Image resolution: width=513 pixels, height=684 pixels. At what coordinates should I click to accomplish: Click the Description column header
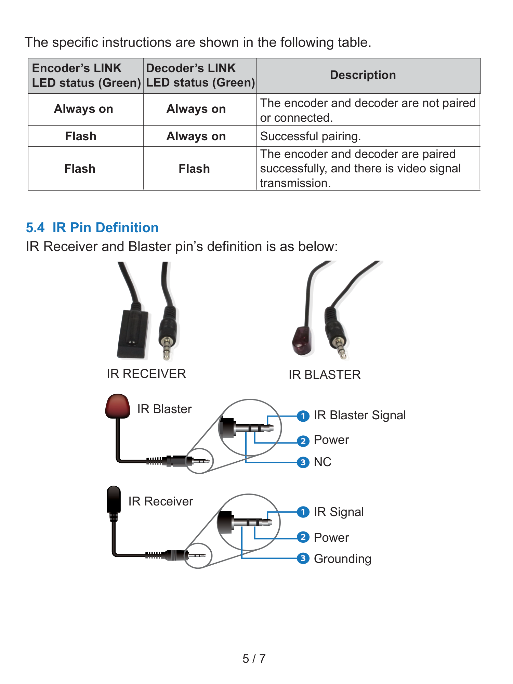click(x=363, y=75)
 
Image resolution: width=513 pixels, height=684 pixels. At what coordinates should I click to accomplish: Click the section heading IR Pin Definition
click(x=105, y=227)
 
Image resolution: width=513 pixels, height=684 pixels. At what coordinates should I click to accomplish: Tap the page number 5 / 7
click(x=254, y=658)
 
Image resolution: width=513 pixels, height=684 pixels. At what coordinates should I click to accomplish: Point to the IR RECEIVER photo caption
click(x=146, y=374)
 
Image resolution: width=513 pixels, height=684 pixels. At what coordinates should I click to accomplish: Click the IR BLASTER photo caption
click(x=325, y=375)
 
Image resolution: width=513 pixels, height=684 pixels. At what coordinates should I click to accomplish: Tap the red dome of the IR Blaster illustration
click(x=118, y=406)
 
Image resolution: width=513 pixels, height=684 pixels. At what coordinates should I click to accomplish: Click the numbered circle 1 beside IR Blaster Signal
click(x=303, y=416)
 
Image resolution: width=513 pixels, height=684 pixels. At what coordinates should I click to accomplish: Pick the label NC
click(x=323, y=462)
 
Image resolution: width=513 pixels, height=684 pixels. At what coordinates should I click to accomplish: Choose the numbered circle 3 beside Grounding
click(x=303, y=558)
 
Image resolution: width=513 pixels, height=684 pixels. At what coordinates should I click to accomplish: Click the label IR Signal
click(x=339, y=512)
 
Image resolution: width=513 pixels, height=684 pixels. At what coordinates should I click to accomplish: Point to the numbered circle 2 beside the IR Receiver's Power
click(x=303, y=537)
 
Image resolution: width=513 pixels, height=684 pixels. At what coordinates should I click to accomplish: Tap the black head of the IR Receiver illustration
click(x=114, y=499)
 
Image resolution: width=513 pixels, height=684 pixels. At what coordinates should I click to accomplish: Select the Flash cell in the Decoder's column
click(x=194, y=169)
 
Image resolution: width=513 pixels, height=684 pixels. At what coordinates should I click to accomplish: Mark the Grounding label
click(x=342, y=559)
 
